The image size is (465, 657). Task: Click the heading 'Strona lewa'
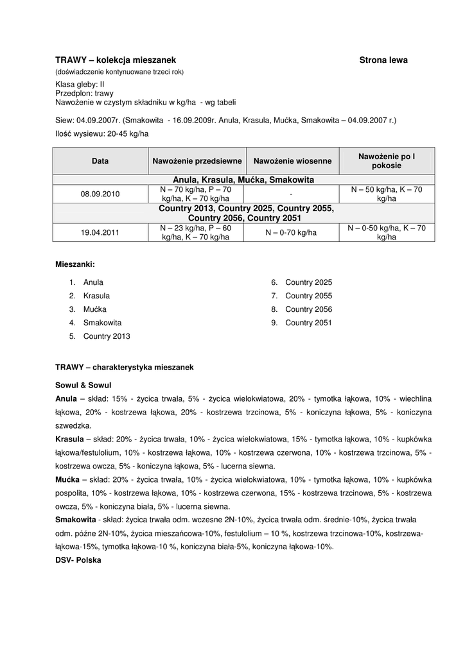[383, 60]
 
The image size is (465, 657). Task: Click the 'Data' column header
[100, 160]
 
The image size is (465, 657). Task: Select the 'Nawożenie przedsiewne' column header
[197, 160]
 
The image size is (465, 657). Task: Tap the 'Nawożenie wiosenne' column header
[292, 160]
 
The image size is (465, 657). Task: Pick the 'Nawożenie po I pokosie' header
[387, 160]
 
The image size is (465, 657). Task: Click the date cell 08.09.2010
[100, 194]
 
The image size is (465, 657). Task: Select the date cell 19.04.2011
[100, 232]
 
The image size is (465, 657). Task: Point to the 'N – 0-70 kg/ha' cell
[292, 232]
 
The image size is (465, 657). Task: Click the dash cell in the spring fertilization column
[292, 194]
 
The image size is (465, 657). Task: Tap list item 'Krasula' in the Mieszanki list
[96, 296]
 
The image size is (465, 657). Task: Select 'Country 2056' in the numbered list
[308, 309]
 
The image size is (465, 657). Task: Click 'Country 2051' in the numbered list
[308, 323]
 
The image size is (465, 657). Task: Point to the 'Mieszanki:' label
[75, 264]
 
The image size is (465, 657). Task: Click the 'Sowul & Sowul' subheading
[83, 386]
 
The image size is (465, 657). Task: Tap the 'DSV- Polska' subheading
[78, 559]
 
